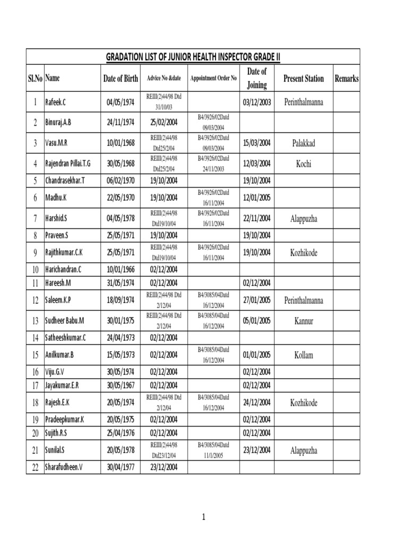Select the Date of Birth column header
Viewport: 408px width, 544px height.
pyautogui.click(x=121, y=79)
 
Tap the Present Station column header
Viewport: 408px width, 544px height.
pyautogui.click(x=303, y=79)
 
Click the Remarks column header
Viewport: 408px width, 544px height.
pyautogui.click(x=346, y=79)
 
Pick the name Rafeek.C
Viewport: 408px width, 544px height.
pyautogui.click(x=57, y=101)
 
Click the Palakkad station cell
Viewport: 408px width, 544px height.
pyautogui.click(x=303, y=143)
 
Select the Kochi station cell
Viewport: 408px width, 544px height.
pyautogui.click(x=303, y=164)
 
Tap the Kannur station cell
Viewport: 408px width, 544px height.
pyautogui.click(x=303, y=321)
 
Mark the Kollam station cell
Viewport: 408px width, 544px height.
pyautogui.click(x=303, y=354)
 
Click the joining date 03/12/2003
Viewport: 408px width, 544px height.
pyautogui.click(x=257, y=101)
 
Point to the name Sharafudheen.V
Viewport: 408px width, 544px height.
pyautogui.click(x=66, y=467)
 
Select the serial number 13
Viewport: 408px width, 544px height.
pyautogui.click(x=35, y=321)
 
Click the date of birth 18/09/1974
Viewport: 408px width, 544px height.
pyautogui.click(x=120, y=300)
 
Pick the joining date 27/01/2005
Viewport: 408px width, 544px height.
pyautogui.click(x=257, y=300)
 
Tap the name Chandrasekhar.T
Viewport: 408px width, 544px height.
pyautogui.click(x=65, y=181)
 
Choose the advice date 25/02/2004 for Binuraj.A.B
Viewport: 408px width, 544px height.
pyautogui.click(x=164, y=122)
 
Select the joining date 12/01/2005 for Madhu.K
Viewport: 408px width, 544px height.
pyautogui.click(x=257, y=198)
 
